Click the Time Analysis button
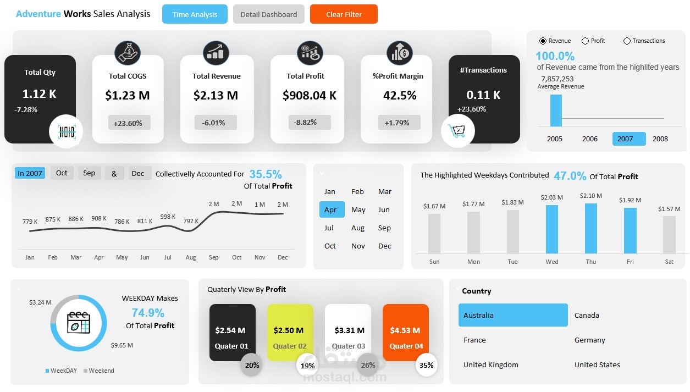195,14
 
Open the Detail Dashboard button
268,14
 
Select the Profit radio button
586,41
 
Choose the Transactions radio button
627,41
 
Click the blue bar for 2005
556,111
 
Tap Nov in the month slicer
358,246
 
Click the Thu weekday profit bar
590,228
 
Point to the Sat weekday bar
669,234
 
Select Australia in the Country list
512,315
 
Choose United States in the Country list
597,365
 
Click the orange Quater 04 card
405,333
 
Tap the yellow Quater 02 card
290,333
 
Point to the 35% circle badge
427,365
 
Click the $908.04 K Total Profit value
310,96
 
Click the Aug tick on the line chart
191,257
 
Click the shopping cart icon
457,131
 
